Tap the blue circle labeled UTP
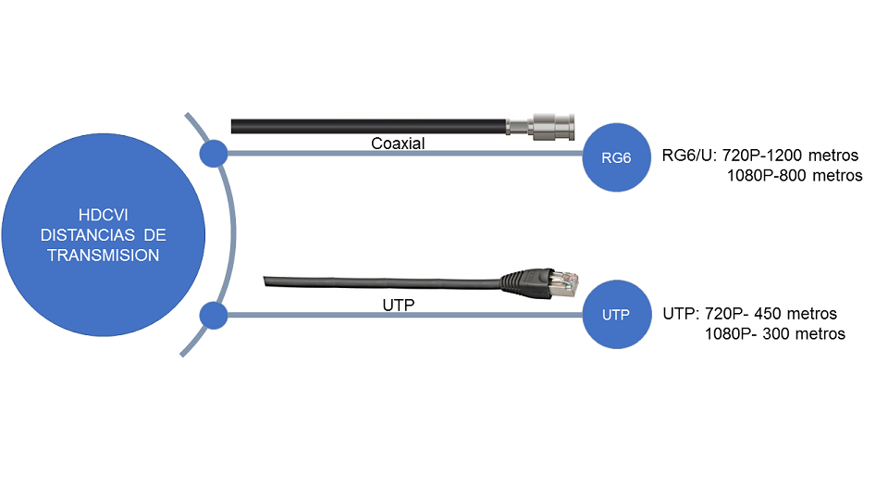point(615,315)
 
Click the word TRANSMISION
point(103,255)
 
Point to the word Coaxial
point(398,143)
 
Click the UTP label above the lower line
point(399,303)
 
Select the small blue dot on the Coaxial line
point(214,154)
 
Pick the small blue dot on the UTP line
point(214,316)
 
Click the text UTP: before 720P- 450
point(681,313)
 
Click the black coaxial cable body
point(370,125)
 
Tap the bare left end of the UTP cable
point(270,280)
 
